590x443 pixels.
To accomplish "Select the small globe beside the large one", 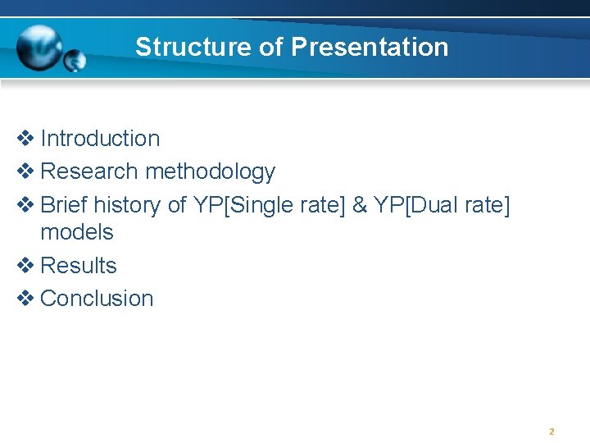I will pyautogui.click(x=75, y=60).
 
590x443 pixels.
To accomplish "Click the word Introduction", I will pyautogui.click(x=100, y=139).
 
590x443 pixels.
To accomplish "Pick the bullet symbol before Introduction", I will pyautogui.click(x=25, y=139).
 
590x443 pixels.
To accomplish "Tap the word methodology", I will pyautogui.click(x=210, y=172).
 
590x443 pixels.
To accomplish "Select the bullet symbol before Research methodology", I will pyautogui.click(x=25, y=172).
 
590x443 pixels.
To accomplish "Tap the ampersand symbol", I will pyautogui.click(x=359, y=205).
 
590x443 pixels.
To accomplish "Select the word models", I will pyautogui.click(x=77, y=232).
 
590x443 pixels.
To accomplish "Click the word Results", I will pyautogui.click(x=79, y=266).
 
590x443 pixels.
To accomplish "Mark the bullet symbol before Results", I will pyautogui.click(x=25, y=266).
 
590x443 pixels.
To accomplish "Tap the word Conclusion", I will pyautogui.click(x=97, y=299).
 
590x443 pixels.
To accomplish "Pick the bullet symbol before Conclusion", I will pyautogui.click(x=25, y=299).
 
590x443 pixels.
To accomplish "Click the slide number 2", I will pyautogui.click(x=551, y=432).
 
